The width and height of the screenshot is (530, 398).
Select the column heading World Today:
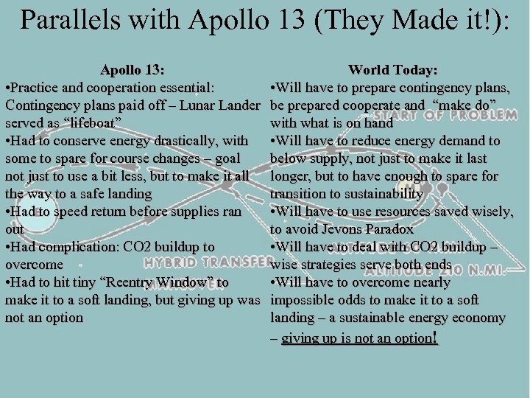393,71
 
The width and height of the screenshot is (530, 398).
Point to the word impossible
303,301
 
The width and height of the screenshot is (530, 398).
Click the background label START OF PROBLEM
445,116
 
